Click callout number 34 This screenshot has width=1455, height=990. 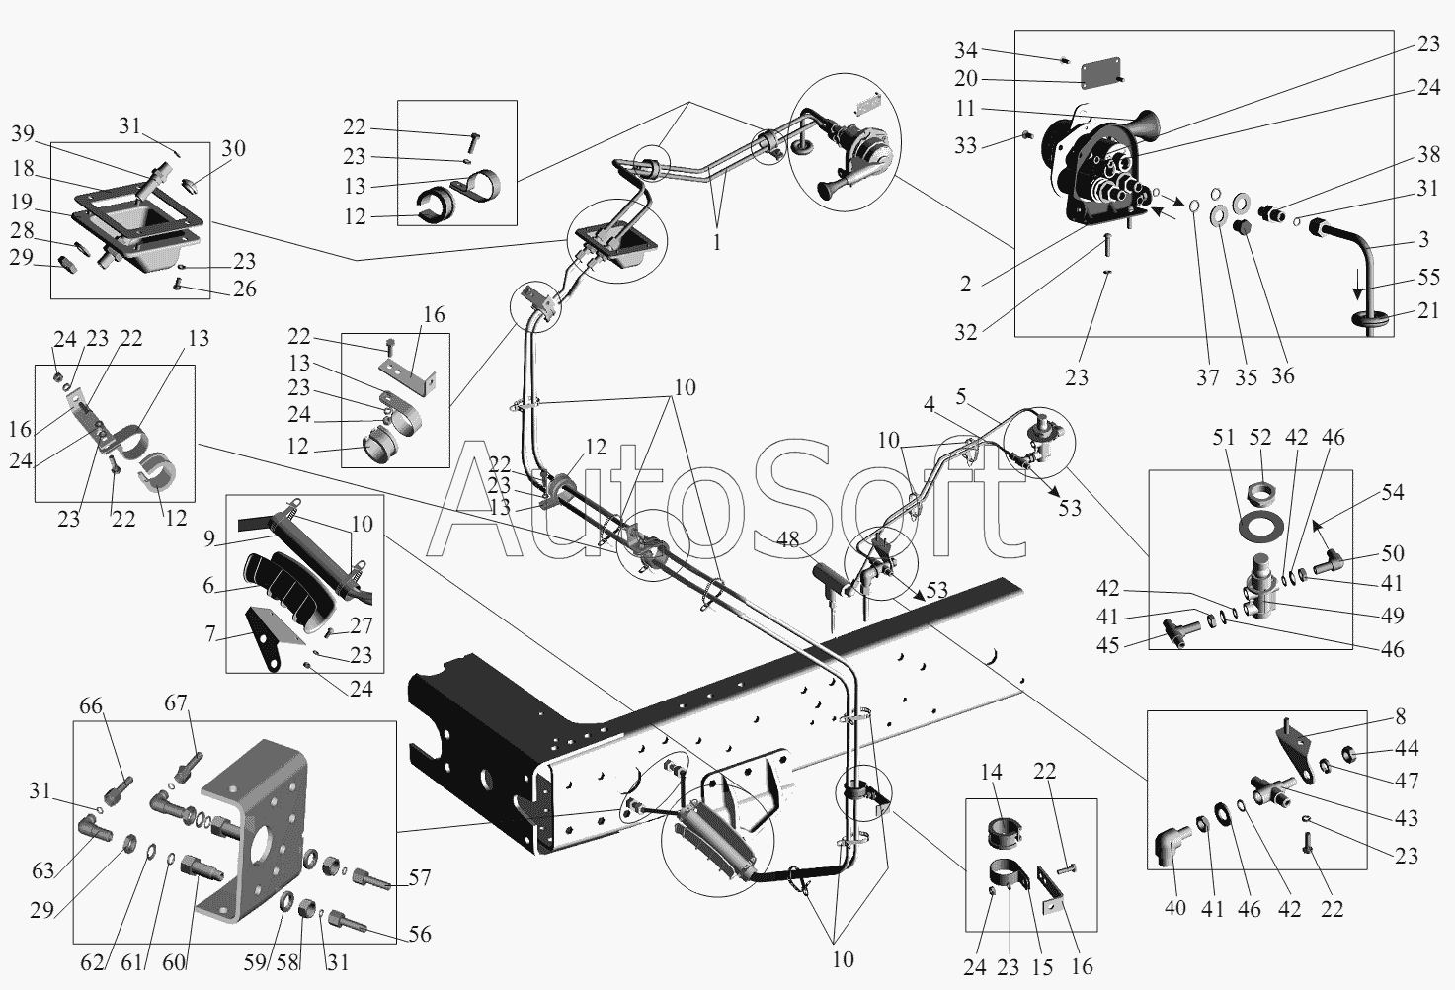(x=965, y=49)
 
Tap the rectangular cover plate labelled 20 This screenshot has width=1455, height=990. (x=1099, y=71)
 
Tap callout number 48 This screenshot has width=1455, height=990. (x=787, y=539)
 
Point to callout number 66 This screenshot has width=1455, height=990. (x=91, y=705)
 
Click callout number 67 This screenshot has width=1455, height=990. (x=176, y=702)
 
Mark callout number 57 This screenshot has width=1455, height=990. (x=421, y=876)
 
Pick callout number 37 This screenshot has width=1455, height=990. (x=1207, y=377)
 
